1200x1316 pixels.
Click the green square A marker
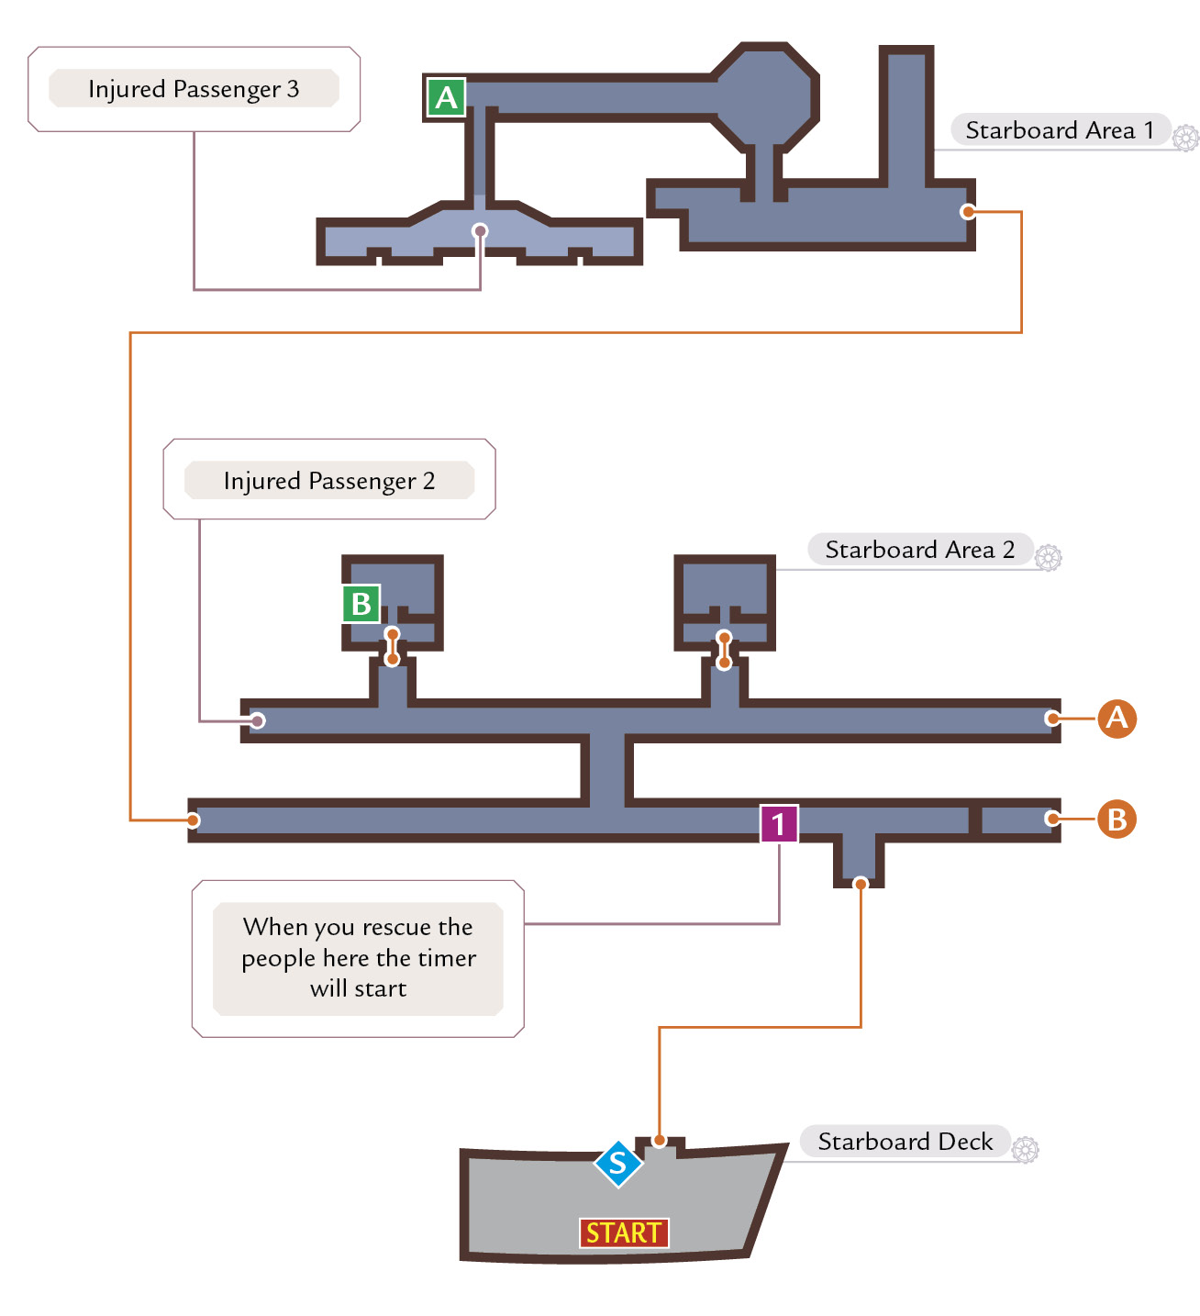pyautogui.click(x=446, y=97)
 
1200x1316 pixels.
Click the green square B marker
pyautogui.click(x=361, y=604)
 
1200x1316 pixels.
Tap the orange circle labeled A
pyautogui.click(x=1117, y=719)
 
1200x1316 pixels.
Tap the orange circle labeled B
pyautogui.click(x=1117, y=819)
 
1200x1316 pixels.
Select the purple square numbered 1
pyautogui.click(x=779, y=823)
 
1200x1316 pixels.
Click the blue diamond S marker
pyautogui.click(x=618, y=1164)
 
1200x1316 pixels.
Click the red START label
pyautogui.click(x=624, y=1232)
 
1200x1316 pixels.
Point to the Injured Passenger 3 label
pyautogui.click(x=194, y=89)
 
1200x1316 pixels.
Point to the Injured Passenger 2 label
pyautogui.click(x=328, y=480)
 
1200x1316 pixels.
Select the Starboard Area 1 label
pyautogui.click(x=1060, y=130)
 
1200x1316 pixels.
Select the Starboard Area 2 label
pyautogui.click(x=920, y=549)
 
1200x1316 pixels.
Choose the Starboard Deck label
pyautogui.click(x=905, y=1141)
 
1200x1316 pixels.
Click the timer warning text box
pyautogui.click(x=358, y=958)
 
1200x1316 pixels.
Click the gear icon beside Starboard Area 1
pyautogui.click(x=1185, y=139)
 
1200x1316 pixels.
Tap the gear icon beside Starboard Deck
pyautogui.click(x=1025, y=1149)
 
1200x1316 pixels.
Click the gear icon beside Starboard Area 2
pyautogui.click(x=1048, y=558)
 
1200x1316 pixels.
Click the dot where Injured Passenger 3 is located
pyautogui.click(x=480, y=231)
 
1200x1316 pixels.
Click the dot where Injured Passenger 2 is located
pyautogui.click(x=258, y=721)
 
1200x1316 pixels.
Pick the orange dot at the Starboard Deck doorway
pyautogui.click(x=660, y=1141)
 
